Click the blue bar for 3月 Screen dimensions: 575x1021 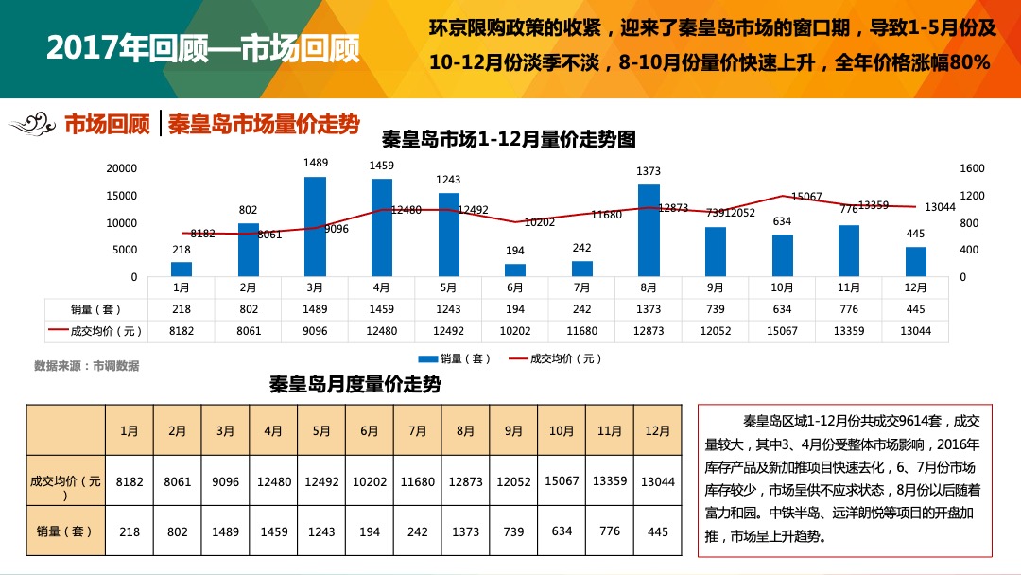[x=315, y=226]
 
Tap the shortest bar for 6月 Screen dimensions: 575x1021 [x=515, y=270]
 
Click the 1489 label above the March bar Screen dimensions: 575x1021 [x=316, y=163]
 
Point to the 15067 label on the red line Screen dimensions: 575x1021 [x=806, y=197]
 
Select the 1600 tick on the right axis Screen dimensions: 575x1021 [x=972, y=168]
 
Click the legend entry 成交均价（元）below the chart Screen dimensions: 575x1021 [x=555, y=358]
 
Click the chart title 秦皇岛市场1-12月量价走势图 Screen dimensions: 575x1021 [x=509, y=139]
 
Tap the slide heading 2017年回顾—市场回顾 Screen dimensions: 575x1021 [x=203, y=50]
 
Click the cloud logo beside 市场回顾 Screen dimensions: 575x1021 [x=33, y=124]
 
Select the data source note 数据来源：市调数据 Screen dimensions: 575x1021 [x=86, y=365]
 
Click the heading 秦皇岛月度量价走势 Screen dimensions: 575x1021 [x=355, y=385]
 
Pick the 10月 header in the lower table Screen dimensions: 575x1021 [x=562, y=430]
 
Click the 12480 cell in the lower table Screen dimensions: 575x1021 [x=273, y=481]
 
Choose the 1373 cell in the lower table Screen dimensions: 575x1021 [x=465, y=531]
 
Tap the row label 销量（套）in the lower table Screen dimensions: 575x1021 [x=65, y=531]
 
